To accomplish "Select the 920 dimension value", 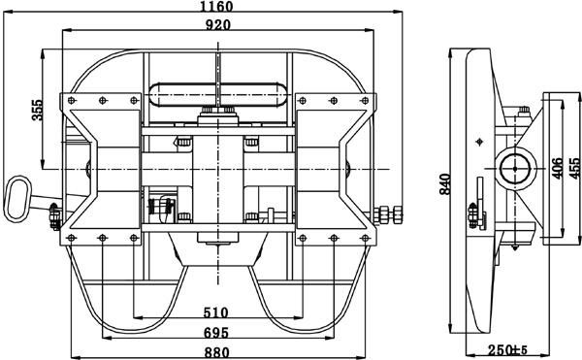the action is tap(218, 24).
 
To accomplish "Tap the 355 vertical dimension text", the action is tap(38, 110).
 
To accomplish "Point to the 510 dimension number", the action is tap(215, 312).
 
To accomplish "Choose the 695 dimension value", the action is tap(215, 333).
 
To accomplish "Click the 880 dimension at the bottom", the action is tap(217, 352).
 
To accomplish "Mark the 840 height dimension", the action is tap(445, 184).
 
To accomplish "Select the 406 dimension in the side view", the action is tap(557, 168).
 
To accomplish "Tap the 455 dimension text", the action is tap(574, 168).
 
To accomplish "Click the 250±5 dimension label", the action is tap(507, 349).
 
